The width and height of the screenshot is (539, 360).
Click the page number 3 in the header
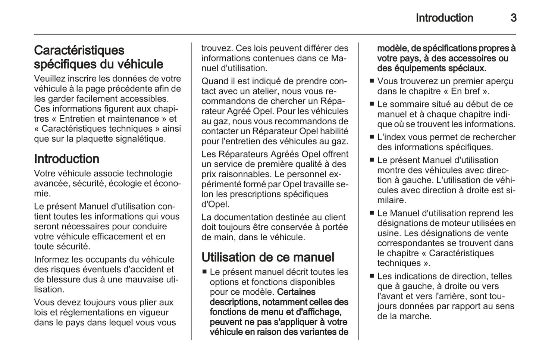coord(513,18)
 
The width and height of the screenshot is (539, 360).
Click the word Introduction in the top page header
coord(444,18)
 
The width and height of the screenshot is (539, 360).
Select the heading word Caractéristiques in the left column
coord(79,50)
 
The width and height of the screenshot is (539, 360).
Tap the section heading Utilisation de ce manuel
coord(268,257)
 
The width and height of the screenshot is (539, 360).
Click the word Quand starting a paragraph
coord(214,81)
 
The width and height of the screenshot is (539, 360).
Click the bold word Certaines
coord(297,292)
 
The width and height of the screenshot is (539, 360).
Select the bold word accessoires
coord(473,59)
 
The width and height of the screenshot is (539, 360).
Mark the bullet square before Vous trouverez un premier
coord(372,81)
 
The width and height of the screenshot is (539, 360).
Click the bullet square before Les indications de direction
coord(372,276)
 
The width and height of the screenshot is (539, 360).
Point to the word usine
coord(388,234)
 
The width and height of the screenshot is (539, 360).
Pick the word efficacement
coord(118,237)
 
